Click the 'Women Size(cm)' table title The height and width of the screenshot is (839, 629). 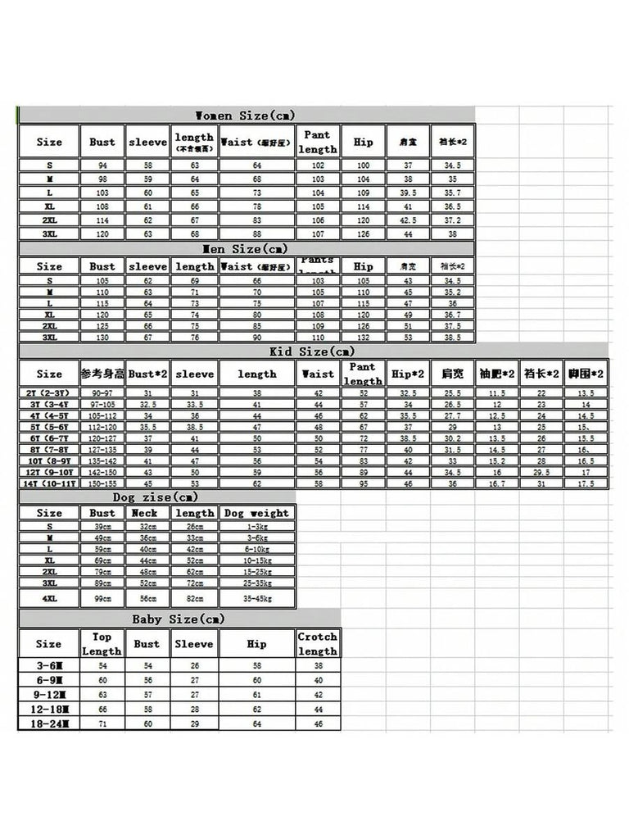point(246,115)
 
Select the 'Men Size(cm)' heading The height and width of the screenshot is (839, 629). point(246,248)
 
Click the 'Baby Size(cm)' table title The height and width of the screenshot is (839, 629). point(178,619)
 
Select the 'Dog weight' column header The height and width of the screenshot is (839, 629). point(256,513)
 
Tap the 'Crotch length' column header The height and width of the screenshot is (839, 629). point(318,644)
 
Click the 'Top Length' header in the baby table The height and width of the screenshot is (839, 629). point(102,644)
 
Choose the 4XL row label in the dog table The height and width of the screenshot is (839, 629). point(49,599)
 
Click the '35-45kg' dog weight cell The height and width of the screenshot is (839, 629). point(256,599)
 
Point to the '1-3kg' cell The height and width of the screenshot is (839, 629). point(256,526)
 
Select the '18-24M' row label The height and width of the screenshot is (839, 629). point(49,723)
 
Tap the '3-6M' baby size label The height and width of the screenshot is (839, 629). point(49,666)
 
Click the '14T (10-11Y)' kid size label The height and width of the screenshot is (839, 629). point(49,483)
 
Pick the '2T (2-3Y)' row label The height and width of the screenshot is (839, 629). point(49,393)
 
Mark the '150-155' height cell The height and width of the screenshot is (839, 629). point(102,483)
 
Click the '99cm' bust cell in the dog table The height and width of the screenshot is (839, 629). point(102,599)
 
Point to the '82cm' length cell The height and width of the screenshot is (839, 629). point(195,599)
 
